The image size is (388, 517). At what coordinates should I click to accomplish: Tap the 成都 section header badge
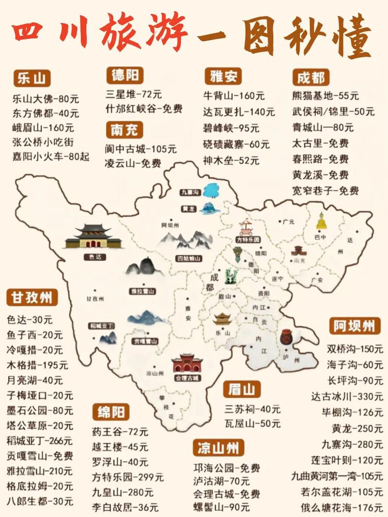point(311,77)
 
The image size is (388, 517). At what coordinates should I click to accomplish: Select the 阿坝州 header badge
point(355,326)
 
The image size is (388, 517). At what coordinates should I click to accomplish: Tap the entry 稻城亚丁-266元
point(39,440)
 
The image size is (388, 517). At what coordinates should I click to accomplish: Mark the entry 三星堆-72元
point(133,93)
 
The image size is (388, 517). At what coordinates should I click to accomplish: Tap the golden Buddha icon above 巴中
point(321,221)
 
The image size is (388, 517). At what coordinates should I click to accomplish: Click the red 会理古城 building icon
point(187,363)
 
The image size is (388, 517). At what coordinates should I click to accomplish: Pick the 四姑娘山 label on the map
point(189,258)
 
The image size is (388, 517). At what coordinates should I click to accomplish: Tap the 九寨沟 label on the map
point(190,192)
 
